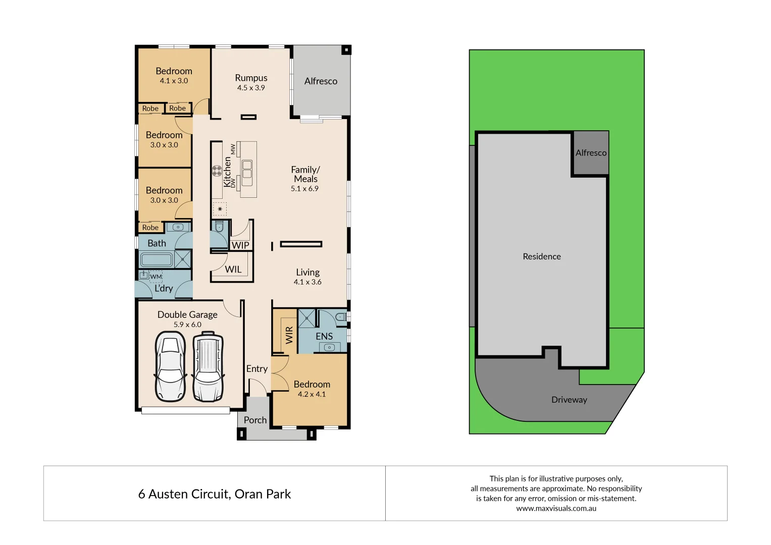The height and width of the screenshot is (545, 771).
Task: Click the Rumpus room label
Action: (251, 78)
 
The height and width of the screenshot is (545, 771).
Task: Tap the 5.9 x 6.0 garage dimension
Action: (187, 324)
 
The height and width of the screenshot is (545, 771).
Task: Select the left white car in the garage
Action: (170, 366)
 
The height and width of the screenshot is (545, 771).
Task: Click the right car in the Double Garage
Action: (208, 366)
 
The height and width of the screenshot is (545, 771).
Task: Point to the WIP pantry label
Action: (240, 245)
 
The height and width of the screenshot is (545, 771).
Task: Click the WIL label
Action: (233, 269)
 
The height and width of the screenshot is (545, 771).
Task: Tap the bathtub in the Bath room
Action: (157, 260)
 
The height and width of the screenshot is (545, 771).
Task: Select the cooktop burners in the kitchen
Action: (217, 171)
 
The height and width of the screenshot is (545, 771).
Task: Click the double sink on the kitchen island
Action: (247, 170)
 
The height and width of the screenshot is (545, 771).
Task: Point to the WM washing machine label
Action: (156, 277)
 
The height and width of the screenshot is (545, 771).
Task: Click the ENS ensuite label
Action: (324, 336)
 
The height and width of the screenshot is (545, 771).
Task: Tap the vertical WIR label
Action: (289, 335)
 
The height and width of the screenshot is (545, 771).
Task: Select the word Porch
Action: (255, 420)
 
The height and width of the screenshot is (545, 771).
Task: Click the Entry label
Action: (256, 369)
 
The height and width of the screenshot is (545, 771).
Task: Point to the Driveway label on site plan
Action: (569, 400)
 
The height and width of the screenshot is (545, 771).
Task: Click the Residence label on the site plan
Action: (542, 256)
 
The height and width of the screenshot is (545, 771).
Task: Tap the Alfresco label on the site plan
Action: (591, 153)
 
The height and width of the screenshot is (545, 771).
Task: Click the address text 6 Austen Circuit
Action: (214, 494)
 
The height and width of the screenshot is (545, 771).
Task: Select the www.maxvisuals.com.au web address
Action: (556, 509)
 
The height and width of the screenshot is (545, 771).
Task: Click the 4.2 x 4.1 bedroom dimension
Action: (312, 394)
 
